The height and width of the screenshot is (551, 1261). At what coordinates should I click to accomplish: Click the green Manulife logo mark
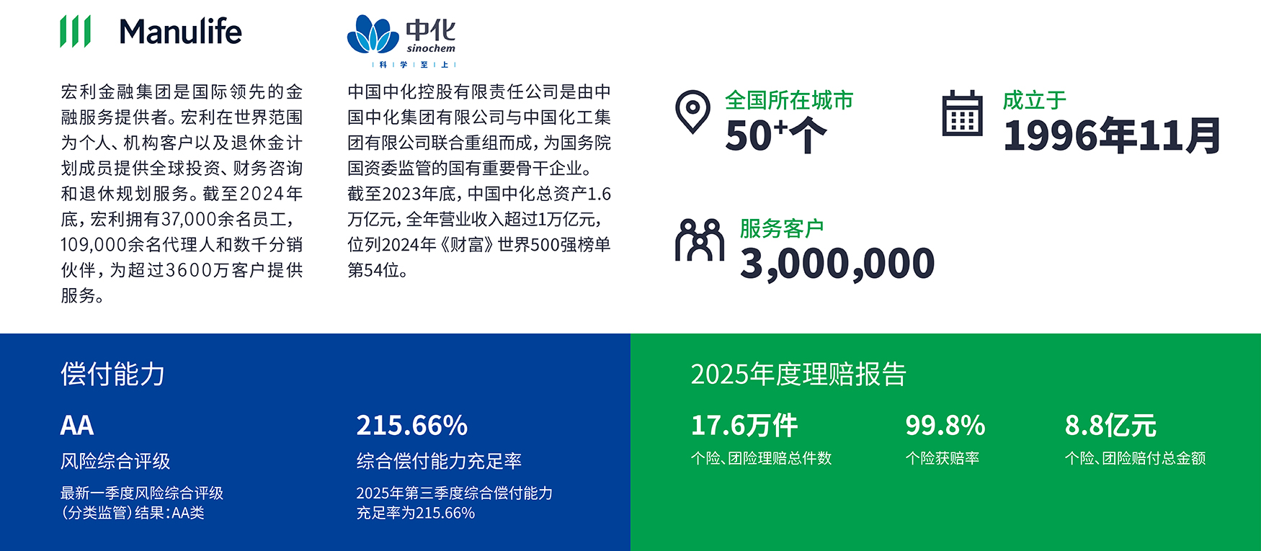(75, 31)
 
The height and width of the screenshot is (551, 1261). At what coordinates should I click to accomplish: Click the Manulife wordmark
(180, 32)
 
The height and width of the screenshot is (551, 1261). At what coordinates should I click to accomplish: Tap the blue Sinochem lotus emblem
(373, 34)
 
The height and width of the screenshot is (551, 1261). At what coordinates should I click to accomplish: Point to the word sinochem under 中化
(431, 48)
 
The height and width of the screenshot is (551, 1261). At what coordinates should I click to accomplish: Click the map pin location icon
(692, 112)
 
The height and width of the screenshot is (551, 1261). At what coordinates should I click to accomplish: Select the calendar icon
(962, 113)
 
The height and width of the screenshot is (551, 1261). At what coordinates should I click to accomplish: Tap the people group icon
(699, 240)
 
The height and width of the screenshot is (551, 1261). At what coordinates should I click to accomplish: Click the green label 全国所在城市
(789, 100)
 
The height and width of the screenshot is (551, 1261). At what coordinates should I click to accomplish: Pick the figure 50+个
(775, 135)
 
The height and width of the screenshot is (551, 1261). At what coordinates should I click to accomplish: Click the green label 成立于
(1034, 100)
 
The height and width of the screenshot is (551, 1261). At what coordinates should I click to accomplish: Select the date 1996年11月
(1112, 135)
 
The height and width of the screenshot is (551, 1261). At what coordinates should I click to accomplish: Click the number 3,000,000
(837, 264)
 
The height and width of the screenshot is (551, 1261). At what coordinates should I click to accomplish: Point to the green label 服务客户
(782, 228)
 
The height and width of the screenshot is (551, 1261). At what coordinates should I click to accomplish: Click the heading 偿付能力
(113, 374)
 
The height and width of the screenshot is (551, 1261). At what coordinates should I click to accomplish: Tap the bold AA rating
(77, 425)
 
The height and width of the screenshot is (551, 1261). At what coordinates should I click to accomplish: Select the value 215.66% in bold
(412, 425)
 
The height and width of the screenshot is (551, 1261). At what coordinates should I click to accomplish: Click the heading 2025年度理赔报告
(798, 374)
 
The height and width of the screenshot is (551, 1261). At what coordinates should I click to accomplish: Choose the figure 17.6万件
(744, 425)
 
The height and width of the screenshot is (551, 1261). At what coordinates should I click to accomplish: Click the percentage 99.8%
(945, 425)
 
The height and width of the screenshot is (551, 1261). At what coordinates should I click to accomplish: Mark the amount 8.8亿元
(1110, 425)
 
